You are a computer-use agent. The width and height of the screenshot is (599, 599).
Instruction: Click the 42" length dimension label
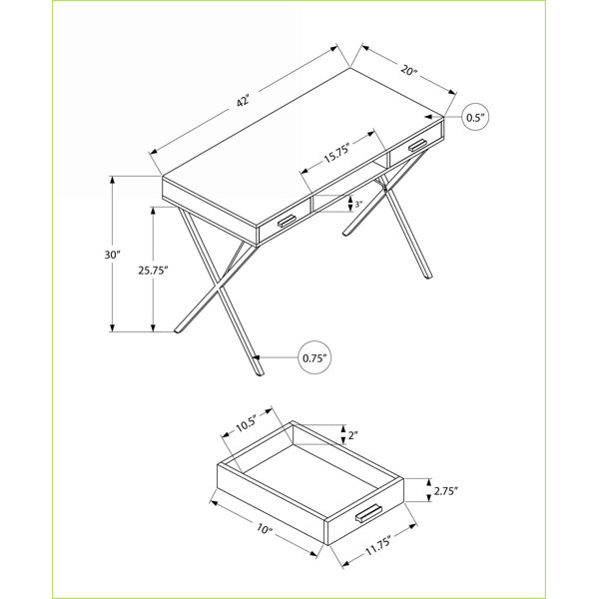243,101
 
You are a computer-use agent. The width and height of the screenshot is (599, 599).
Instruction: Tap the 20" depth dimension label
408,70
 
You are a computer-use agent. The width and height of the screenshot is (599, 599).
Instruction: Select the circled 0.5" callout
475,117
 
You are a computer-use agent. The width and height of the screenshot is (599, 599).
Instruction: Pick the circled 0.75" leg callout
314,357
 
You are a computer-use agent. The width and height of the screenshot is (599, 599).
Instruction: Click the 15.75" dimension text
337,153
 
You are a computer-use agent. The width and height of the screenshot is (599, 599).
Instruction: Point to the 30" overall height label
112,255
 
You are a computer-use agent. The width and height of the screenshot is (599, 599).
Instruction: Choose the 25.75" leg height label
153,271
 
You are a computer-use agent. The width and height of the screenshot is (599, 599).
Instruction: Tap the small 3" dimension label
358,205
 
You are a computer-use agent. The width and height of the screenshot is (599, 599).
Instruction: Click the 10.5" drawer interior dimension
245,422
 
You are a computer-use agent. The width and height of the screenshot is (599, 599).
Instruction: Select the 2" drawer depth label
352,435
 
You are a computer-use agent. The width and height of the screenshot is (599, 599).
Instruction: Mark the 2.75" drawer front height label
446,491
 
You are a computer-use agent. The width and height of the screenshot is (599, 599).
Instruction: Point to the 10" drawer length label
265,529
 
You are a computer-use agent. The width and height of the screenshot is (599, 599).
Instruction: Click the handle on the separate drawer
368,513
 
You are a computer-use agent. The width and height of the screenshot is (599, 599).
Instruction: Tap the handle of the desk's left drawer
287,222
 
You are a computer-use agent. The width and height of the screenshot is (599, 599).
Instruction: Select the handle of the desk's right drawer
418,145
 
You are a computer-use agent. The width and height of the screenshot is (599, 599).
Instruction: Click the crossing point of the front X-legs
219,287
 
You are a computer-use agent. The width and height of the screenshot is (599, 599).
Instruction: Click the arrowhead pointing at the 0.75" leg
256,357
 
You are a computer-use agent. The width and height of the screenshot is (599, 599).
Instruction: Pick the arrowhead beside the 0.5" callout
428,116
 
